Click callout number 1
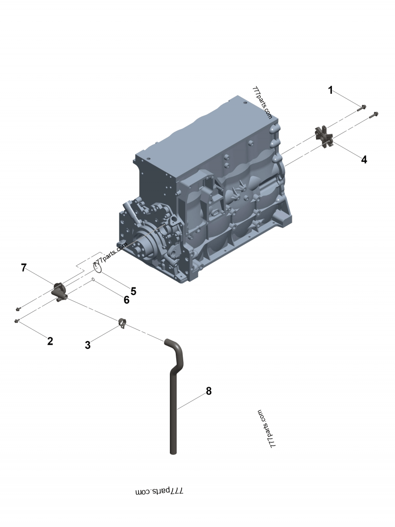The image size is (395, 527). [x=330, y=90]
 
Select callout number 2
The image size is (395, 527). [x=50, y=341]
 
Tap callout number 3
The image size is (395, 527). [x=88, y=345]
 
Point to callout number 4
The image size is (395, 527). [x=364, y=160]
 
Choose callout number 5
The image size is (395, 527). [x=133, y=291]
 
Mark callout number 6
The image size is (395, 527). [x=126, y=299]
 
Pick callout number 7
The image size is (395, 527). [x=24, y=268]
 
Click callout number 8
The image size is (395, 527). [x=208, y=391]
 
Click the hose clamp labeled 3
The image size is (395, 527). [x=122, y=323]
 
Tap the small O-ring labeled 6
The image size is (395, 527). [x=93, y=280]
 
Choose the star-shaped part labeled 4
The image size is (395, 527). [x=324, y=136]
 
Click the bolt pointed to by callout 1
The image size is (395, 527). [x=362, y=108]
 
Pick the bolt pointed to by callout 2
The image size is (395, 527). [x=17, y=322]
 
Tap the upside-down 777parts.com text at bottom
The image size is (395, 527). [x=159, y=491]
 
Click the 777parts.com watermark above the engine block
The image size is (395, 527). [x=262, y=103]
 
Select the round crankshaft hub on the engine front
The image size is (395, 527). [x=141, y=242]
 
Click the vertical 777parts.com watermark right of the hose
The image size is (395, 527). [x=266, y=429]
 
